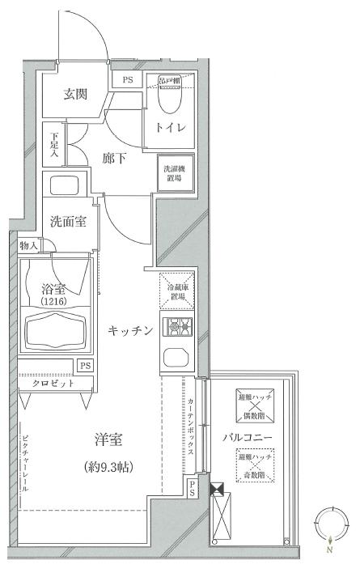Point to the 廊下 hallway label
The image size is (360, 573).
point(113,159)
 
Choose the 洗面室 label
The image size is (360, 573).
point(68,221)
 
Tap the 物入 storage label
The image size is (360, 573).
point(28,245)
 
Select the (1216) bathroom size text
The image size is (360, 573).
point(53,301)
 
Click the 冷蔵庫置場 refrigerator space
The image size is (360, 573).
point(176,292)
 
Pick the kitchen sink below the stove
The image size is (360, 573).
point(175,357)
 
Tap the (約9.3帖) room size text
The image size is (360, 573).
point(108,467)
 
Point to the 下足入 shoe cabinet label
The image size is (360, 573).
point(53,146)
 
